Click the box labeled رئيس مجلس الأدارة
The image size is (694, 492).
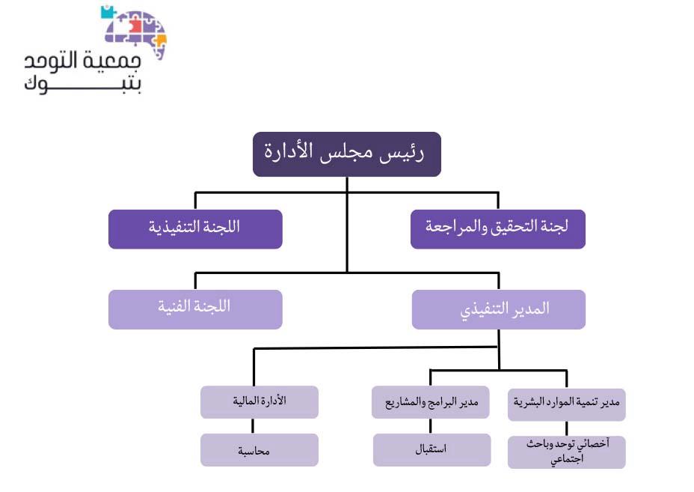[x=347, y=154]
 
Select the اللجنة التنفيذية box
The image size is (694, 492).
[x=195, y=229]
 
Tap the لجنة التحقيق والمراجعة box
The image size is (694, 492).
[x=498, y=229]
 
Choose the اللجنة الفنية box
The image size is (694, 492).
[x=195, y=309]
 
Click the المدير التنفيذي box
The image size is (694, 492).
[x=499, y=309]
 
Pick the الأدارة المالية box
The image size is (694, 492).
[x=260, y=402]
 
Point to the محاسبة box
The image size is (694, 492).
[x=260, y=450]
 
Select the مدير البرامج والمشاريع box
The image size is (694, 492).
[x=431, y=402]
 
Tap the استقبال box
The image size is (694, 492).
[x=432, y=450]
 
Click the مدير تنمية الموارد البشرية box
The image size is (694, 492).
[x=567, y=404]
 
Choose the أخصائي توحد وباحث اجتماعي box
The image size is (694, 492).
[x=567, y=452]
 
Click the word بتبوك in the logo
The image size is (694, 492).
[x=83, y=83]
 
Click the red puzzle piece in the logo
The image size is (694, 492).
[x=135, y=25]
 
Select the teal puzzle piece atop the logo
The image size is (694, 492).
[x=107, y=12]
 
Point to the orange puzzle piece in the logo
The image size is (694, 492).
[x=160, y=40]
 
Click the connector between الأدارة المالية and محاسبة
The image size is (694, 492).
[x=253, y=426]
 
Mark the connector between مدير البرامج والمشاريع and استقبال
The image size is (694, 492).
[x=431, y=426]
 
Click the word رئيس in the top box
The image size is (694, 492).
[x=402, y=153]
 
